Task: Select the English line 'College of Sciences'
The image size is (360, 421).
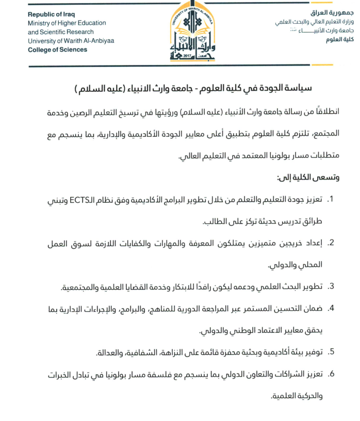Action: (58, 50)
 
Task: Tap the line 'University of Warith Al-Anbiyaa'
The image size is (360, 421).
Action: (71, 41)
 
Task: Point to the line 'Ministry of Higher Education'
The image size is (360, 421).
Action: (67, 23)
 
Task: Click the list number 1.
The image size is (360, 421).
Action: (331, 199)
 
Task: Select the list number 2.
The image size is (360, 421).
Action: (331, 242)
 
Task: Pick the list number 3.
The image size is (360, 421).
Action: (331, 286)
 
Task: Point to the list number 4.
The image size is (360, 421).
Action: (331, 308)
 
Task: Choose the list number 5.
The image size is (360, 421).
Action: (331, 352)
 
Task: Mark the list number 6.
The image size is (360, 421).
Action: (331, 374)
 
